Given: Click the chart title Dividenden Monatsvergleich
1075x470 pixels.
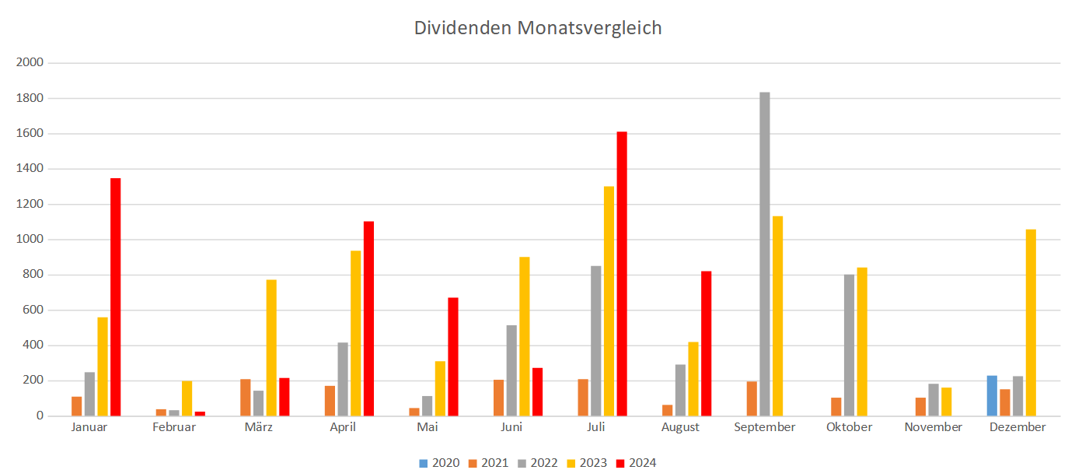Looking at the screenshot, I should (537, 28).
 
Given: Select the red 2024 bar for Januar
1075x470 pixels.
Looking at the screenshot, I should (115, 297).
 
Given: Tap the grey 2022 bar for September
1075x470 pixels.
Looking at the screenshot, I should (765, 254).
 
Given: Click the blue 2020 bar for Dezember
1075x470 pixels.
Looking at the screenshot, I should (992, 396).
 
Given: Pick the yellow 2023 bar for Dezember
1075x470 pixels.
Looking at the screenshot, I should (1031, 323).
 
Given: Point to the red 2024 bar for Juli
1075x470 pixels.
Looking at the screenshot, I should (622, 274).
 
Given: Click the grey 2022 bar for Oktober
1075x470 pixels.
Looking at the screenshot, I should (849, 345).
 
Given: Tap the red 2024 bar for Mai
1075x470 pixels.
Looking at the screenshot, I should (453, 357).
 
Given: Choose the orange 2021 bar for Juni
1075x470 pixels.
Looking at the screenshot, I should (498, 398).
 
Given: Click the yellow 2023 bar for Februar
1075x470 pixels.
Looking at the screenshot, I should (187, 398).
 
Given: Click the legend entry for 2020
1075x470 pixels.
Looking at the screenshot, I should (439, 463).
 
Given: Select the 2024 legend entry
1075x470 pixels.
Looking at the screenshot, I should (635, 463).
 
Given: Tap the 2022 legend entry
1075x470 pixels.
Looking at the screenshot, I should (537, 463).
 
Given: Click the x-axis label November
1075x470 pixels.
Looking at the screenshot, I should (933, 427).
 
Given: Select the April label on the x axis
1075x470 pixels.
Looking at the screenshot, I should (343, 427).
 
